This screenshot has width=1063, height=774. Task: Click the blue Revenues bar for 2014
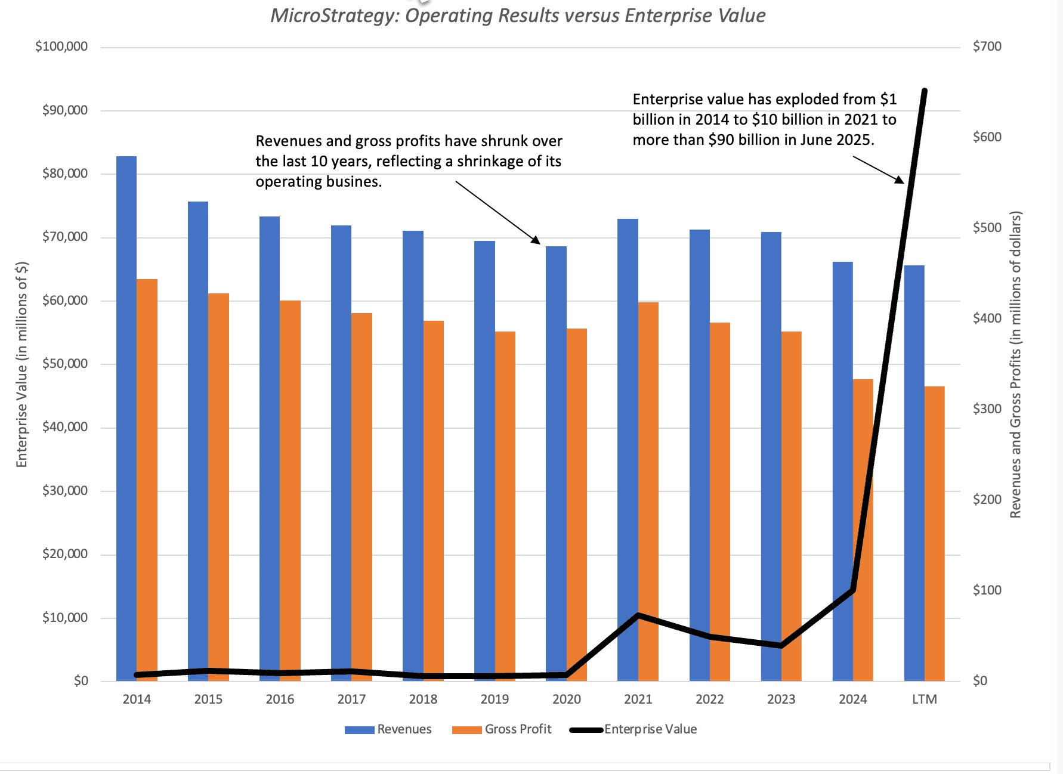(x=126, y=417)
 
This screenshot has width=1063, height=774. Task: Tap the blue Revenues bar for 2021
(x=628, y=417)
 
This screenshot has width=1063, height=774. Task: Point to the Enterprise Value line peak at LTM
(x=924, y=91)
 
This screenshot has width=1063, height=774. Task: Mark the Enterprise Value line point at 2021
(x=638, y=615)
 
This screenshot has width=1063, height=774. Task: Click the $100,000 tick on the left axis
(x=61, y=47)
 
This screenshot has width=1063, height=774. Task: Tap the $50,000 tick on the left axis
(x=65, y=364)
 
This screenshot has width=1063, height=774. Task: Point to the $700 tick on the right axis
(x=987, y=47)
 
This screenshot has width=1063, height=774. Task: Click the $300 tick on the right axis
(x=987, y=409)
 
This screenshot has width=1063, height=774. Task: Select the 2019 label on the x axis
(x=495, y=699)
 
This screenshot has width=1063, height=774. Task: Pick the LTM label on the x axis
(x=924, y=699)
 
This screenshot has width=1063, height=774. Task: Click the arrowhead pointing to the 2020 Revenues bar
(x=536, y=240)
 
